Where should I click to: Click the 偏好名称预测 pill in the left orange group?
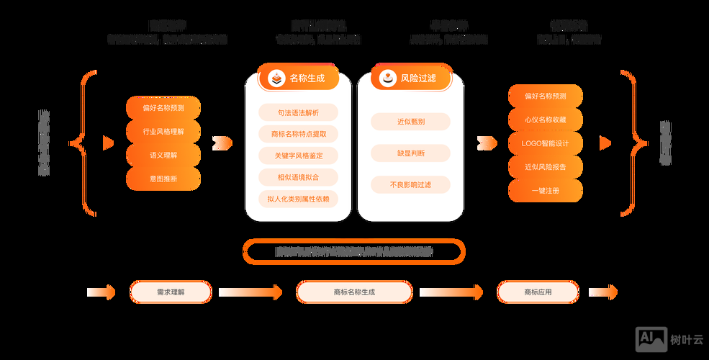tap(163, 108)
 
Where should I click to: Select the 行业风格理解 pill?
tap(163, 132)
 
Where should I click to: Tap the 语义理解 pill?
tap(163, 155)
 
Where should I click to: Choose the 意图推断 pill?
tap(163, 179)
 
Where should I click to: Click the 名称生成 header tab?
tap(298, 78)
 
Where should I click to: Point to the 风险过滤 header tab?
tap(411, 78)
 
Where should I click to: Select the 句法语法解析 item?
tap(298, 112)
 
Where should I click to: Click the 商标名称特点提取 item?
tap(298, 134)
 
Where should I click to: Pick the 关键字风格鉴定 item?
tap(298, 156)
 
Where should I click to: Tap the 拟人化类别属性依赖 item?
tap(298, 199)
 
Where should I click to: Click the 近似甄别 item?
tap(410, 122)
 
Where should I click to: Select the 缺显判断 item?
tap(410, 153)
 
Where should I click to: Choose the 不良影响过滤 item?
tap(410, 184)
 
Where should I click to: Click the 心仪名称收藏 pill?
tap(545, 120)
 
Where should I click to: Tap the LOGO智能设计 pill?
tap(545, 143)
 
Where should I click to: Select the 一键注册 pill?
tap(545, 191)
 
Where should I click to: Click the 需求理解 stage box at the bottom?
tap(171, 292)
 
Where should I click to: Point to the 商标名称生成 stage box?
tap(354, 292)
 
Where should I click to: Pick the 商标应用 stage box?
tap(538, 292)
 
